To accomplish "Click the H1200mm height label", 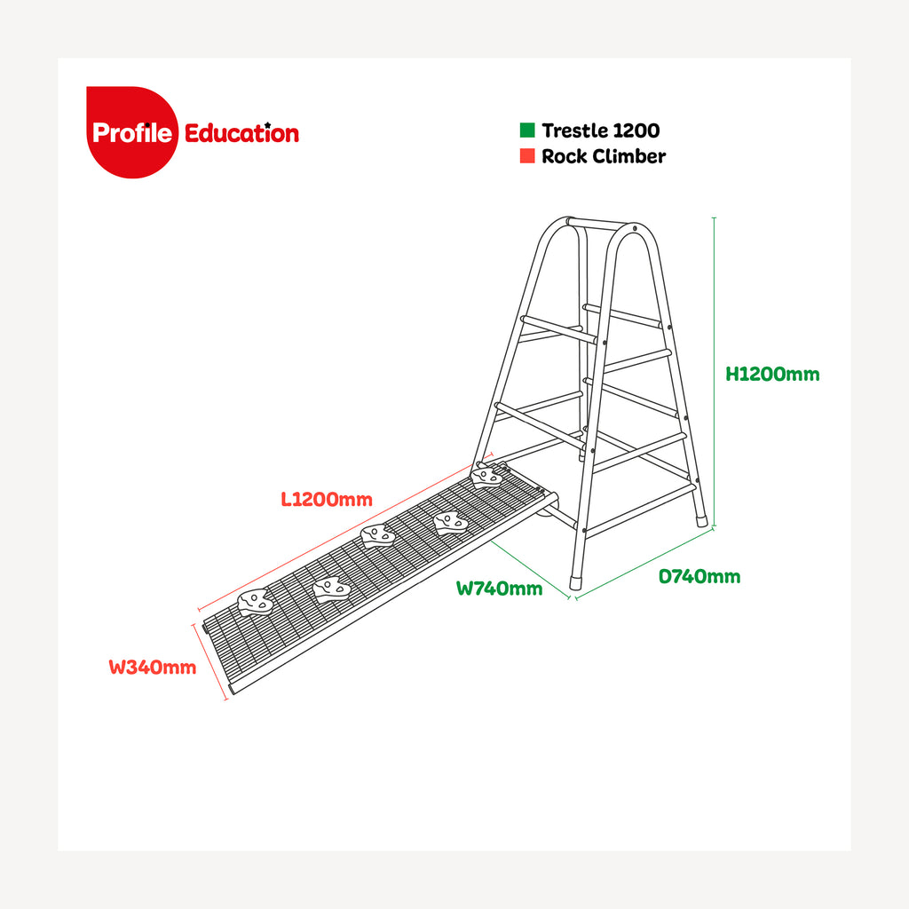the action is (772, 374).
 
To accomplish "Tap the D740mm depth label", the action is (700, 576).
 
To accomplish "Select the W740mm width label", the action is (499, 589).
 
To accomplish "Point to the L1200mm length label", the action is (327, 499).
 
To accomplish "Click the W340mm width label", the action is (153, 668).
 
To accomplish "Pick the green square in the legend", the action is (527, 130).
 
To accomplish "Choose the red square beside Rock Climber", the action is (527, 155).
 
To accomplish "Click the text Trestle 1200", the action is (601, 130).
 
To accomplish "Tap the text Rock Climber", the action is (604, 156).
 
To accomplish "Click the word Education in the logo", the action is (241, 133).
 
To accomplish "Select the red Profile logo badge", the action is (132, 132).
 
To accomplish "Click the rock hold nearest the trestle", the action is (486, 477).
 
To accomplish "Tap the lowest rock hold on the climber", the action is (255, 602).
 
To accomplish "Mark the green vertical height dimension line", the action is (715, 372).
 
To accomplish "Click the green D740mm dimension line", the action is (644, 563).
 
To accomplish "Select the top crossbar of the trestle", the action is (599, 224).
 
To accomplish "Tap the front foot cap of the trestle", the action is (575, 582).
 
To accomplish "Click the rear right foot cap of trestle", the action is (701, 519).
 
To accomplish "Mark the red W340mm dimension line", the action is (209, 662).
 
